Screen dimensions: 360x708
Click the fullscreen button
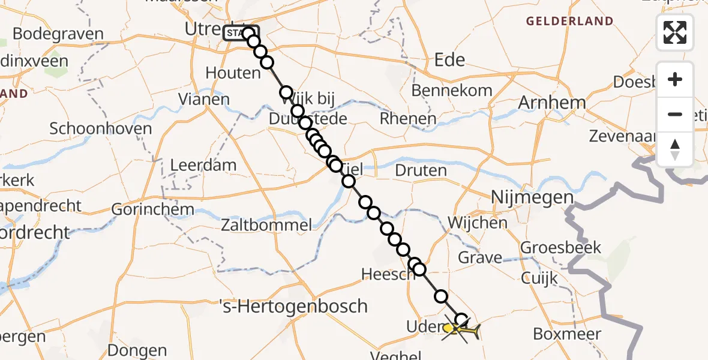click(x=675, y=32)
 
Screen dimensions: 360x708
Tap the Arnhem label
click(x=551, y=102)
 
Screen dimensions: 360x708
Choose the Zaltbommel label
click(x=266, y=226)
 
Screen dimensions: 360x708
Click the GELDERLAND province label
click(x=569, y=22)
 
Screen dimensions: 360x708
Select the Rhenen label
click(x=408, y=119)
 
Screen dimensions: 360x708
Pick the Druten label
click(x=421, y=170)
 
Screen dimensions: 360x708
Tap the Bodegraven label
click(x=58, y=34)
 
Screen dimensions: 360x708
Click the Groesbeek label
click(x=560, y=247)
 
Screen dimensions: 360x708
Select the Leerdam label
click(x=203, y=165)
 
